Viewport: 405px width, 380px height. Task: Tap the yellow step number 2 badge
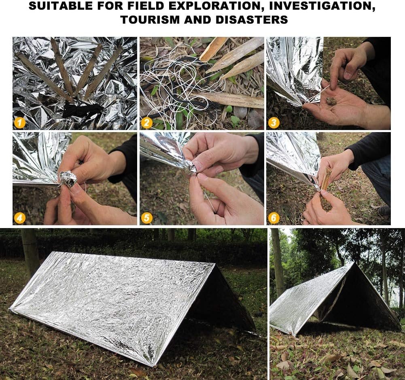coord(146,123)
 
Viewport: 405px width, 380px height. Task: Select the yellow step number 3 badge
coord(274,123)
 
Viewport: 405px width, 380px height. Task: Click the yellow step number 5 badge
coord(146,218)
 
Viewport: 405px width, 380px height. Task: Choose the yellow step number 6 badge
coord(274,218)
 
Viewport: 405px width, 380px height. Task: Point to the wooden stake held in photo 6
coord(326,178)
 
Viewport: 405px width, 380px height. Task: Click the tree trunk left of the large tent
coord(30,251)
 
